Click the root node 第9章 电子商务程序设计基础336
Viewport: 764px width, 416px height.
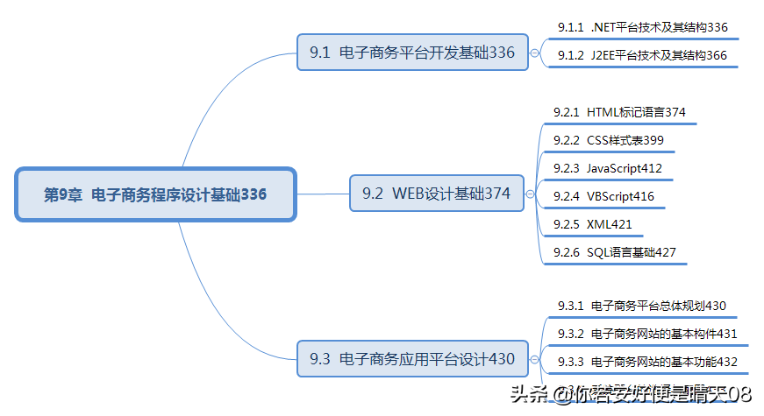point(156,194)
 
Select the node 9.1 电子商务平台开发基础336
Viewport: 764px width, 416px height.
point(412,53)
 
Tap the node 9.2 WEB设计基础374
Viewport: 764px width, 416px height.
point(437,194)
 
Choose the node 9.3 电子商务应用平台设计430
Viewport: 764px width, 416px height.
point(412,358)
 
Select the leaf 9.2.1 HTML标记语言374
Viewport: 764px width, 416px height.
point(619,112)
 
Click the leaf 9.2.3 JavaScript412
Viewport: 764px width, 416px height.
point(608,168)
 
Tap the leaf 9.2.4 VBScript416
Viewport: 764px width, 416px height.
point(603,196)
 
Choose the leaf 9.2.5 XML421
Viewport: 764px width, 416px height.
point(593,224)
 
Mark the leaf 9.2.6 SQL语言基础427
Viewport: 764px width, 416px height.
point(614,252)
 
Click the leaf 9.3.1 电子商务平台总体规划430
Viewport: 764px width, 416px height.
point(641,306)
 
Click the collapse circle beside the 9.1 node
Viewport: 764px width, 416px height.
point(534,53)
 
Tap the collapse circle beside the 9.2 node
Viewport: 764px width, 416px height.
point(530,194)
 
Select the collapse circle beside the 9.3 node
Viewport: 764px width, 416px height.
point(534,359)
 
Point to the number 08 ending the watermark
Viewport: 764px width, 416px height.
point(739,394)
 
